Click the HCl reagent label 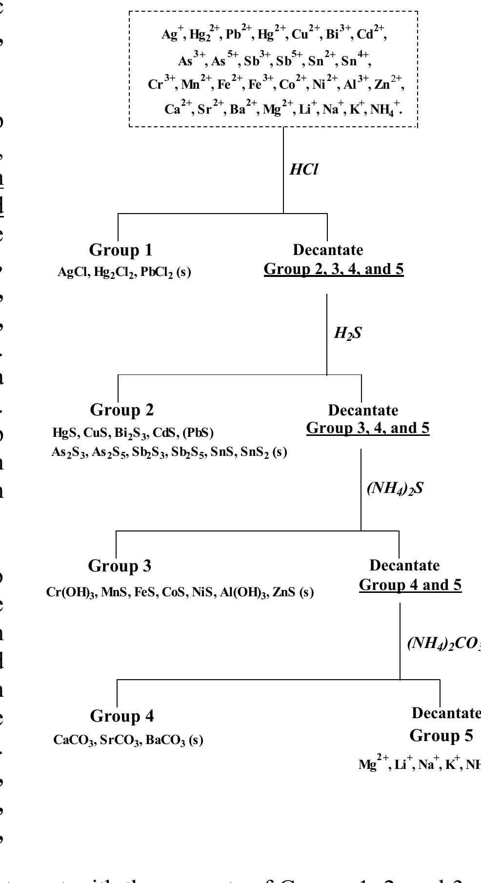coord(303,170)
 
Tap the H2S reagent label coord(347,334)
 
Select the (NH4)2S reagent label coord(394,489)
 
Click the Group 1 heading coord(120,250)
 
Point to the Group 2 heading coord(122,410)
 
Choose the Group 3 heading coord(120,566)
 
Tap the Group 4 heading coord(122,716)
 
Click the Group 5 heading coord(441,735)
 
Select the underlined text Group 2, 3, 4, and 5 coord(334,269)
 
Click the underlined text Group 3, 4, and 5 coord(368,428)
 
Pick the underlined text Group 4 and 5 coord(410,585)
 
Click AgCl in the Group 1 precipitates coord(72,272)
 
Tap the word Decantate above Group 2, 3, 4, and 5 coord(328,250)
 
